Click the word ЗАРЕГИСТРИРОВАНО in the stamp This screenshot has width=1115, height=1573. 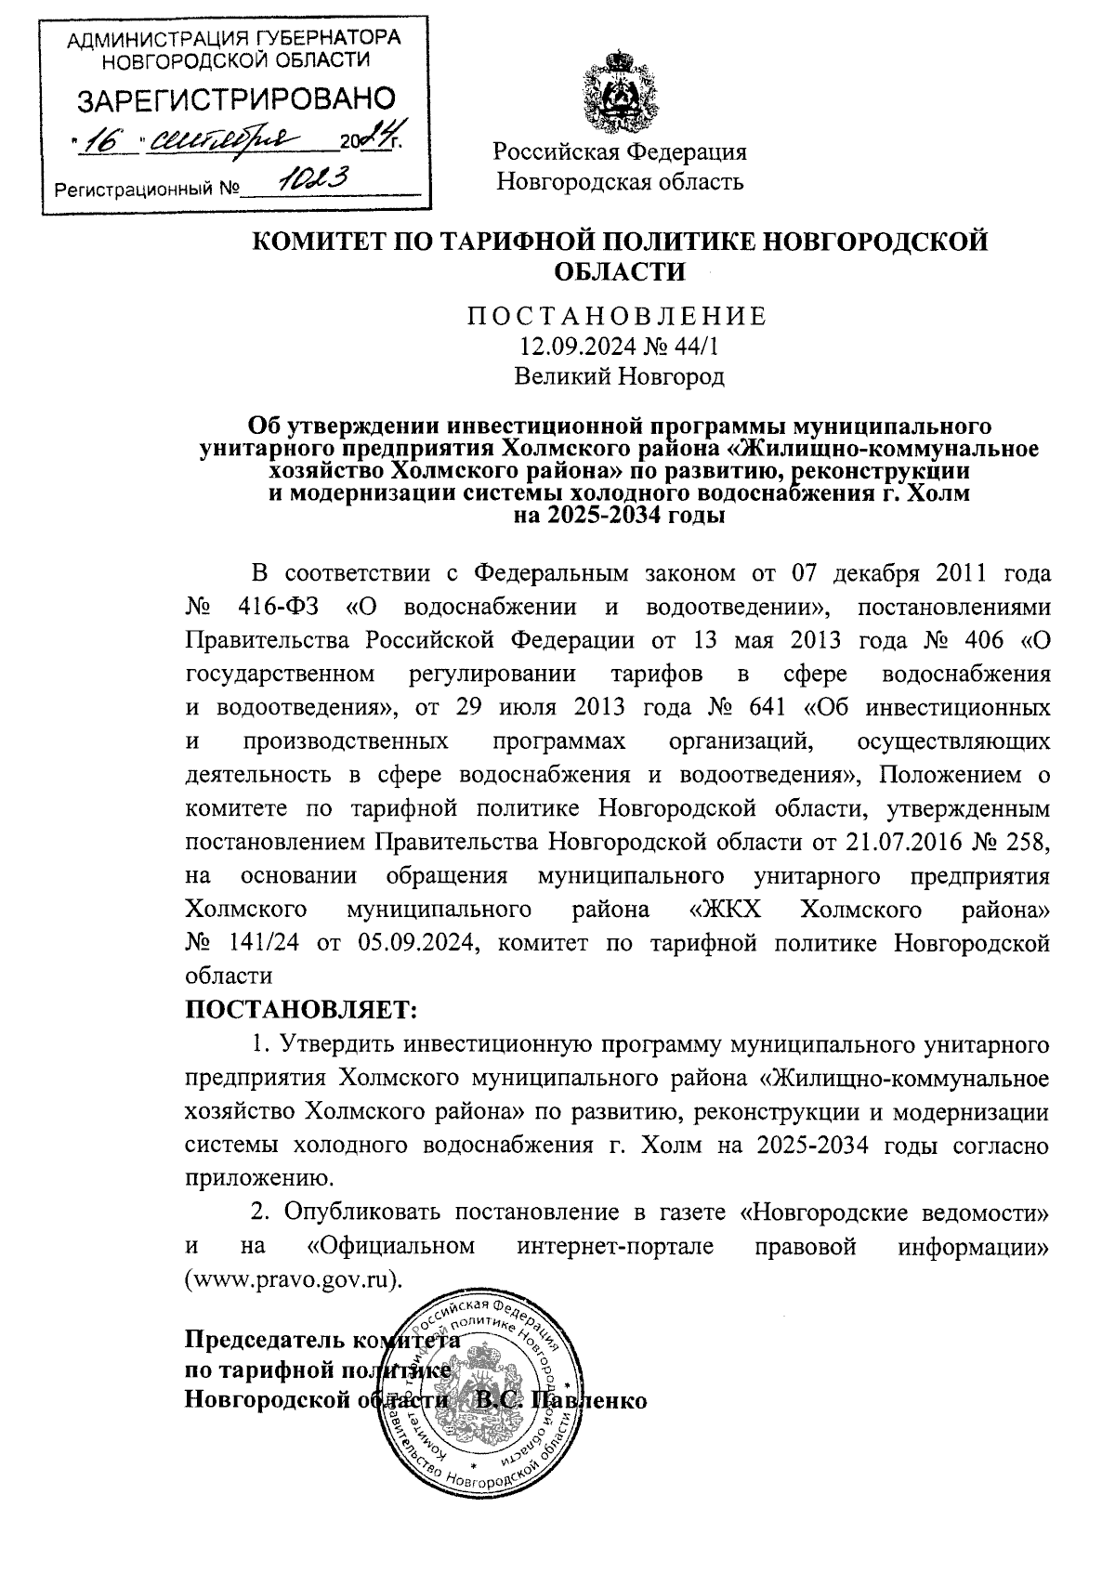coord(235,99)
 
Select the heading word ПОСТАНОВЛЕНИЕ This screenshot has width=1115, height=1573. coord(618,317)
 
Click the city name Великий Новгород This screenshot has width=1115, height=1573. coord(619,376)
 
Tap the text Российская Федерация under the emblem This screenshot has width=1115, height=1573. coord(620,151)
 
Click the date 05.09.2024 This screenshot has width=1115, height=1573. coord(417,944)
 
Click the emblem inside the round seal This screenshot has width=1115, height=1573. coord(484,1391)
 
